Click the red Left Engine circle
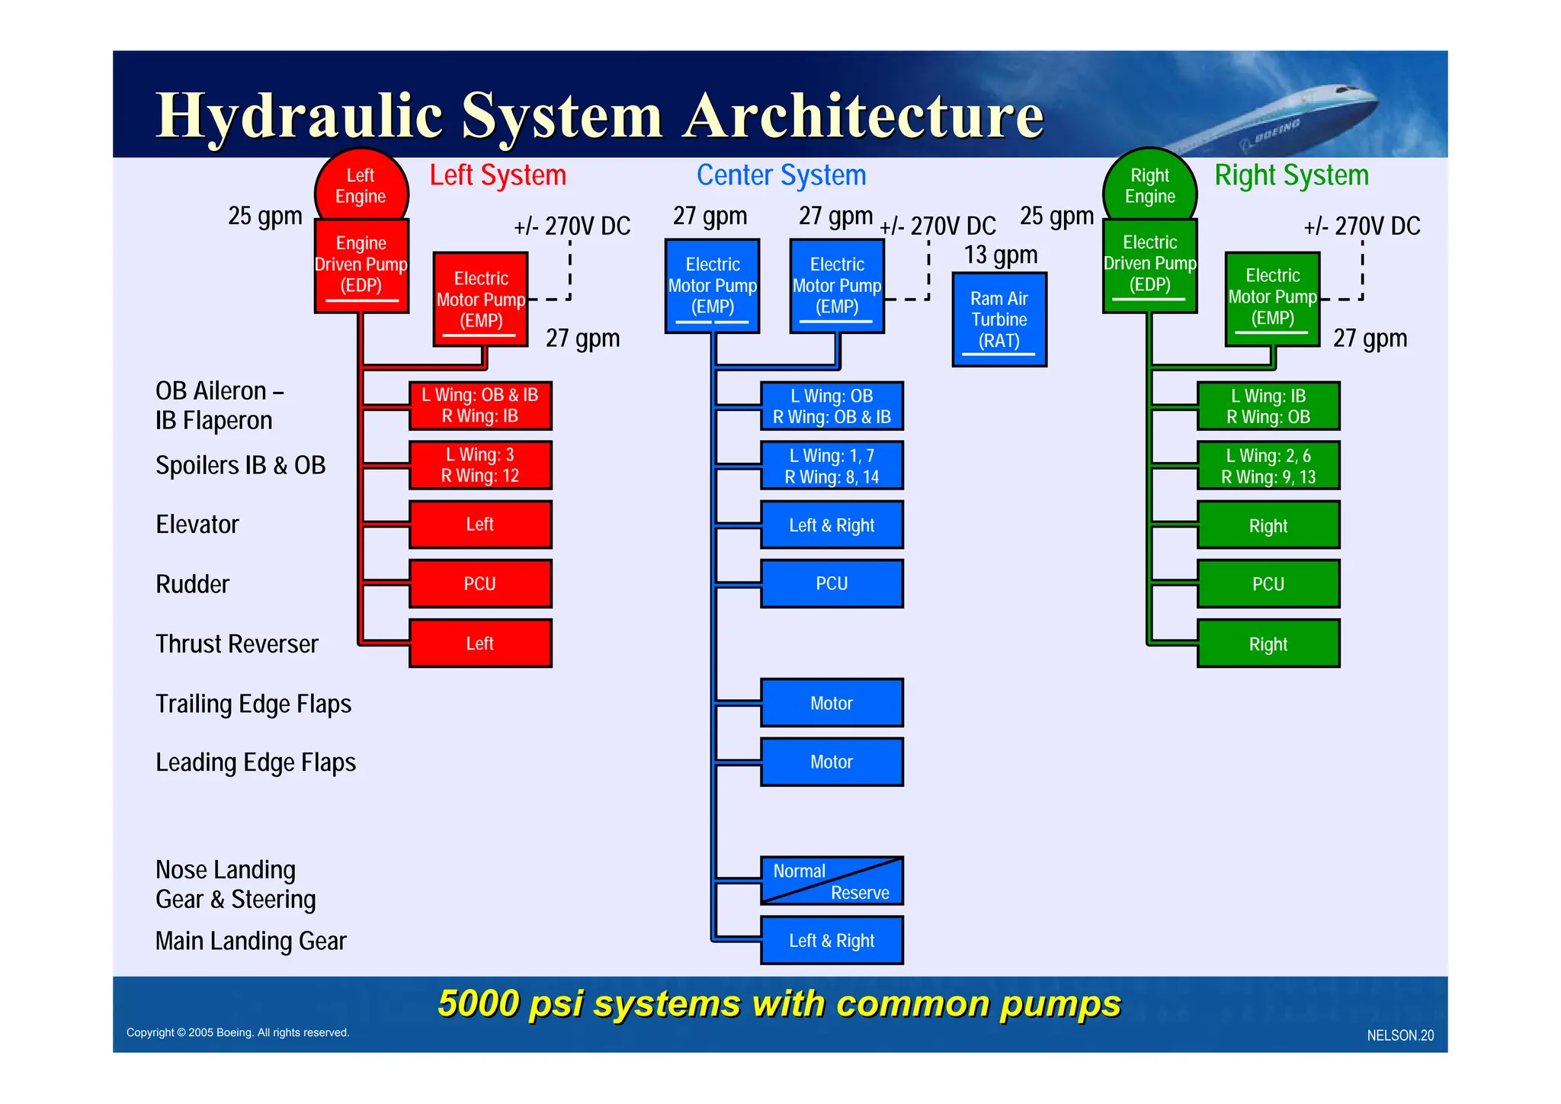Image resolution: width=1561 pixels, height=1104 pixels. pyautogui.click(x=361, y=186)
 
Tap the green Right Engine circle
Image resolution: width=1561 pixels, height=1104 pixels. pyautogui.click(x=1149, y=186)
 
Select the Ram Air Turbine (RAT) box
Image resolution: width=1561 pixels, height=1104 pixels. pyautogui.click(x=999, y=319)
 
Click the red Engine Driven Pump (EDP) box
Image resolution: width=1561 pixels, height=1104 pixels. pyautogui.click(x=361, y=265)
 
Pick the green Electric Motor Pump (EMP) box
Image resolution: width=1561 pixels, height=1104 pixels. pyautogui.click(x=1272, y=298)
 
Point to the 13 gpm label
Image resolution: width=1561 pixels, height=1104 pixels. pyautogui.click(x=1000, y=255)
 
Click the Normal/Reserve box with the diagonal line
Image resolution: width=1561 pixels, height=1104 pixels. pyautogui.click(x=832, y=881)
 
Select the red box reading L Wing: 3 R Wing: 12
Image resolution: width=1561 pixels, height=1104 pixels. pyautogui.click(x=480, y=465)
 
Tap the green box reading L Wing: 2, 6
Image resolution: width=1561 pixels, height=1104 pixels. pyautogui.click(x=1268, y=466)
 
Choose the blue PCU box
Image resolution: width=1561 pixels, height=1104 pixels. pyautogui.click(x=832, y=583)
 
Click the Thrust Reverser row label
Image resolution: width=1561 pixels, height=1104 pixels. pyautogui.click(x=236, y=644)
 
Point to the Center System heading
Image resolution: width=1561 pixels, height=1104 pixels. pyautogui.click(x=781, y=175)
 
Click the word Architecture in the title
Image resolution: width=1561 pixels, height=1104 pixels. pyautogui.click(x=863, y=116)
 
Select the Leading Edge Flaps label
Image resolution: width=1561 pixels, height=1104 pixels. pyautogui.click(x=255, y=762)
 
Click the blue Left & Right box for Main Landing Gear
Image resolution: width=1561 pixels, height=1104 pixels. pyautogui.click(x=832, y=941)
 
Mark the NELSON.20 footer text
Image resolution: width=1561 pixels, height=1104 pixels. pyautogui.click(x=1399, y=1035)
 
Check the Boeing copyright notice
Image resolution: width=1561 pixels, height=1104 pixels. pyautogui.click(x=238, y=1032)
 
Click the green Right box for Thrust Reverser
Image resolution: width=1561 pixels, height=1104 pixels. pyautogui.click(x=1268, y=644)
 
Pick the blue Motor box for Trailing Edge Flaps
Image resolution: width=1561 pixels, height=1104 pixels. pyautogui.click(x=832, y=703)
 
